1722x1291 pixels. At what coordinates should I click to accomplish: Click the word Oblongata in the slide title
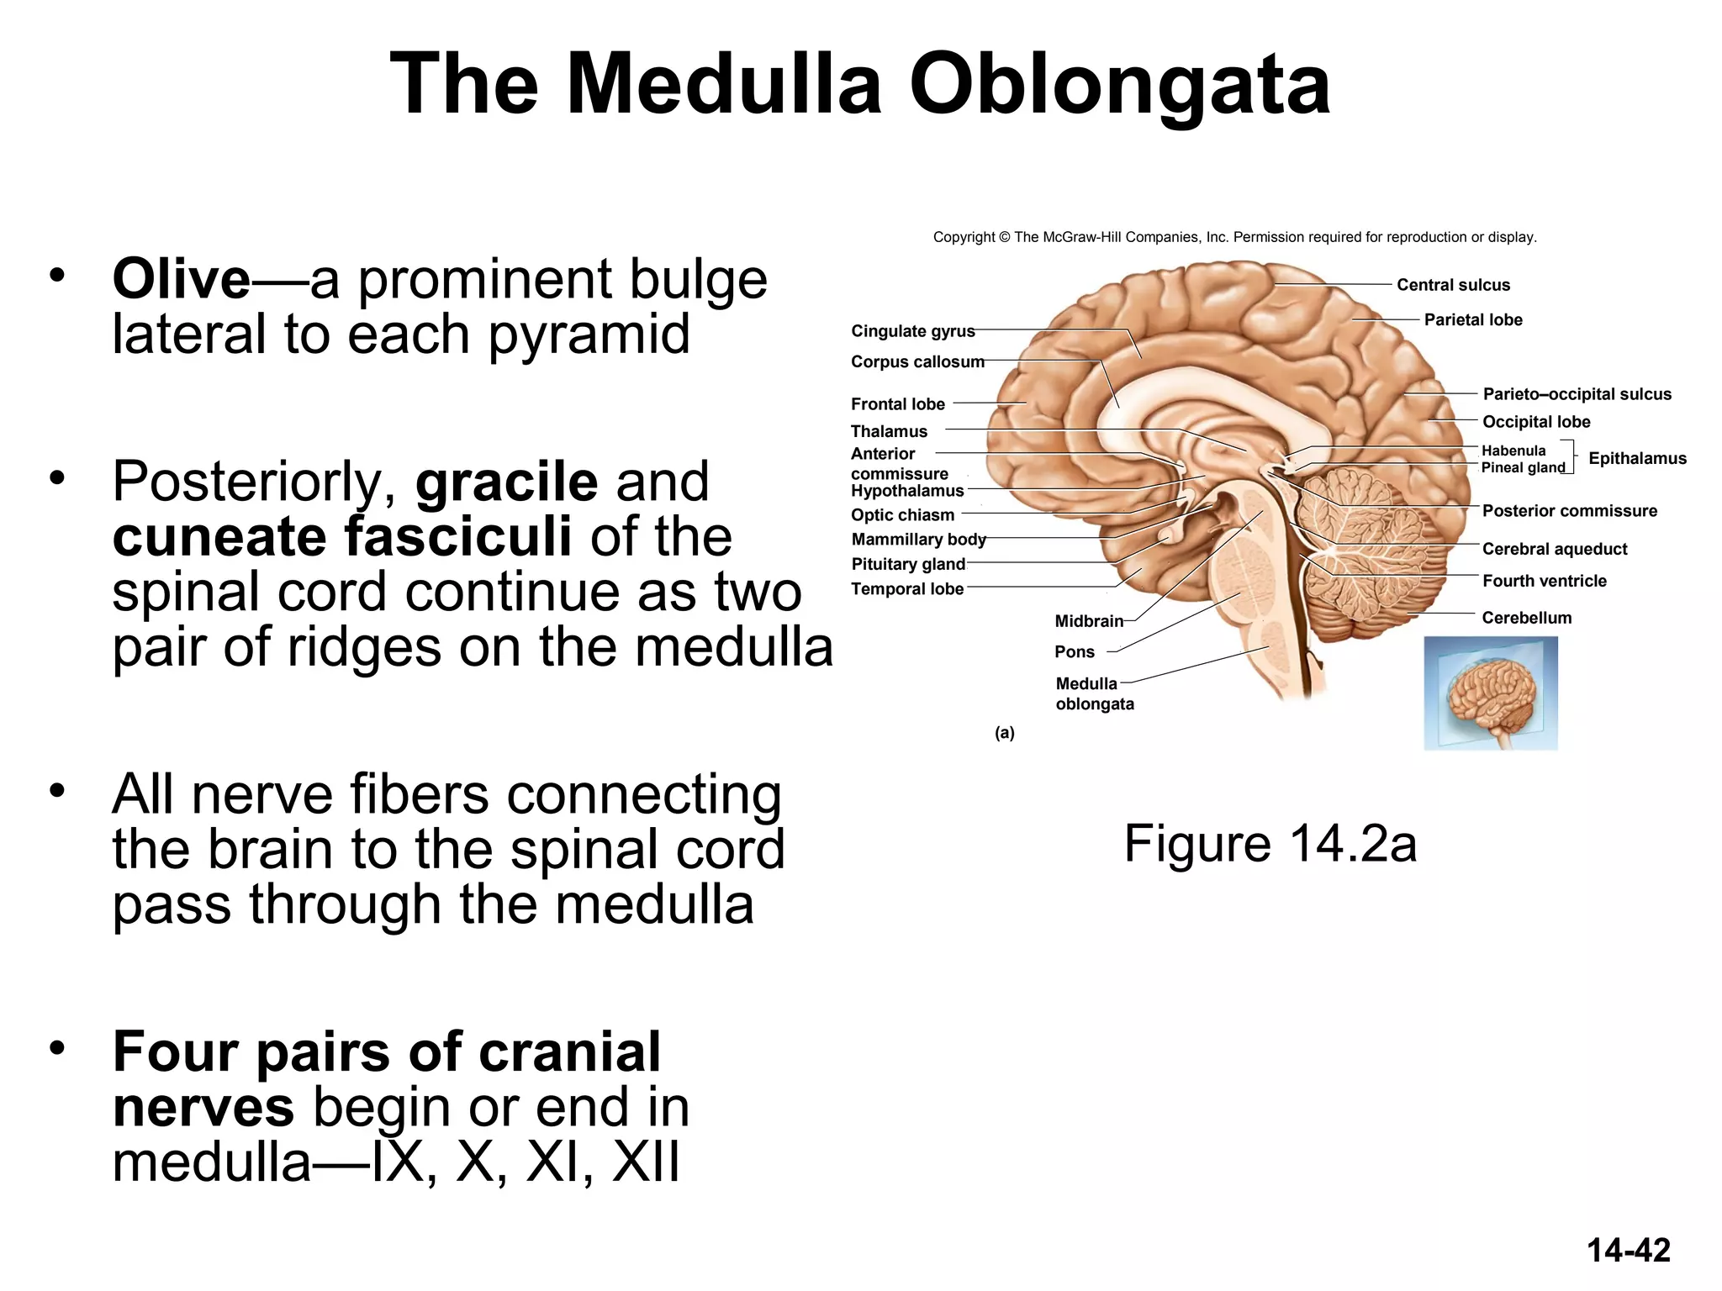tap(1120, 84)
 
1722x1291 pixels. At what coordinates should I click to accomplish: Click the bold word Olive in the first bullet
tap(181, 280)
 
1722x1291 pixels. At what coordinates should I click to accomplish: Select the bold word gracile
tap(506, 482)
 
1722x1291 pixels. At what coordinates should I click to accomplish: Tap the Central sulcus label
tap(1452, 285)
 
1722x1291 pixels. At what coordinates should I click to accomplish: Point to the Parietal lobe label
tap(1472, 319)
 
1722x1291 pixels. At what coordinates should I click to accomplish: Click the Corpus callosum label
tap(916, 361)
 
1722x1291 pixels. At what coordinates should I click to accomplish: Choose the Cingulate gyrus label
tap(912, 331)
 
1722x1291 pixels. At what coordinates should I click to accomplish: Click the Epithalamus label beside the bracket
tap(1636, 458)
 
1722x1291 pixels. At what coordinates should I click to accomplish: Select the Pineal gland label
tap(1522, 468)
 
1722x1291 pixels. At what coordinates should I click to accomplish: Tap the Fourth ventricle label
tap(1543, 581)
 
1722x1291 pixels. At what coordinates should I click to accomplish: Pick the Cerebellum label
tap(1525, 618)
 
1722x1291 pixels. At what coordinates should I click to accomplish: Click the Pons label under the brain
tap(1074, 652)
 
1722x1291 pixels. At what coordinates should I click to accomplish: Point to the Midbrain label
tap(1088, 621)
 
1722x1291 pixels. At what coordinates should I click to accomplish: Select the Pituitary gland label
tap(907, 564)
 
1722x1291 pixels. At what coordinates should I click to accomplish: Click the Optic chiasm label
tap(902, 515)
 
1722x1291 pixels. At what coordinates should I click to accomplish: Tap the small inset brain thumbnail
tap(1490, 693)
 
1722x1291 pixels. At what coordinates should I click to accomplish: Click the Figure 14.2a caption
tap(1270, 844)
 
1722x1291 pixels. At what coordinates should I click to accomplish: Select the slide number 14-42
tap(1628, 1251)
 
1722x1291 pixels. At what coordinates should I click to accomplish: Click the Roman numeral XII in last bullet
tap(646, 1163)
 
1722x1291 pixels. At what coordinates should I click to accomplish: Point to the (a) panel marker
tap(1004, 733)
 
